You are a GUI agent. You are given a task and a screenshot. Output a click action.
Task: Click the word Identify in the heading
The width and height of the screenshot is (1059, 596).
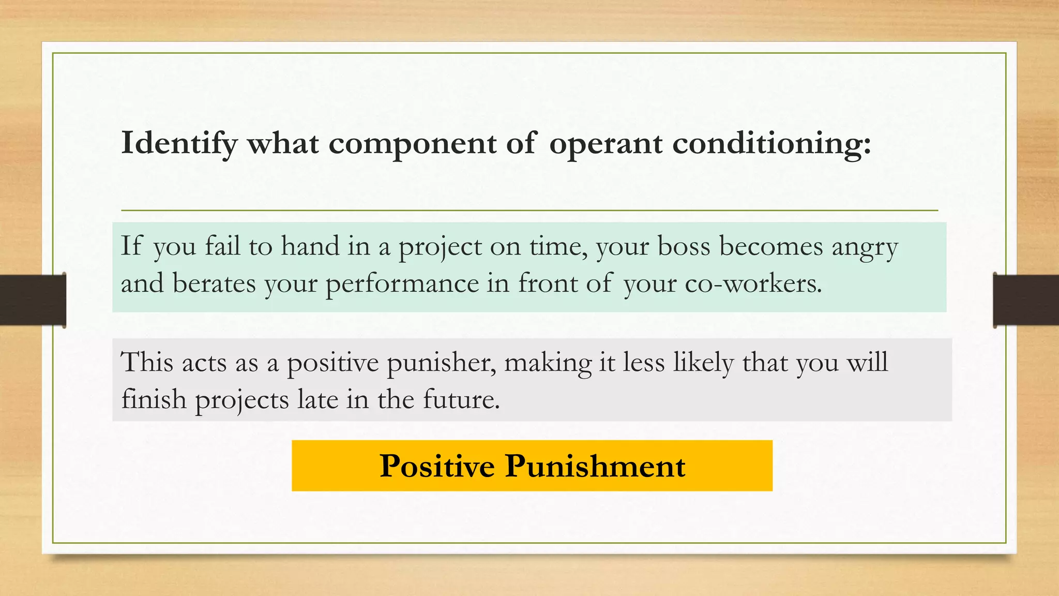click(x=179, y=143)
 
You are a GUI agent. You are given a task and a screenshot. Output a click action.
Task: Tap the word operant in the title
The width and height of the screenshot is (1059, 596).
click(x=605, y=143)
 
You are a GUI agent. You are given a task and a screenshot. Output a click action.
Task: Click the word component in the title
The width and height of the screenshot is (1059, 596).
click(x=412, y=143)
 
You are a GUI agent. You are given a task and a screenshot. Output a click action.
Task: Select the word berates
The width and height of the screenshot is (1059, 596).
click(x=214, y=284)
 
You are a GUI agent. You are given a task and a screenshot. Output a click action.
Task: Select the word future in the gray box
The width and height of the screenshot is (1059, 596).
click(x=460, y=399)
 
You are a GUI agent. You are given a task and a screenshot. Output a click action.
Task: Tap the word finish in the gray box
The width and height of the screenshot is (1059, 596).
click(x=154, y=399)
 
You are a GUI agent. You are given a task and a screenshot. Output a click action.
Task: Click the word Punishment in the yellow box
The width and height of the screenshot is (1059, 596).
click(x=595, y=466)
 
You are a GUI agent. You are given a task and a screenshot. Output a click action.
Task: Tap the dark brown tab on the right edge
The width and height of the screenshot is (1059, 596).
click(x=1026, y=300)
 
